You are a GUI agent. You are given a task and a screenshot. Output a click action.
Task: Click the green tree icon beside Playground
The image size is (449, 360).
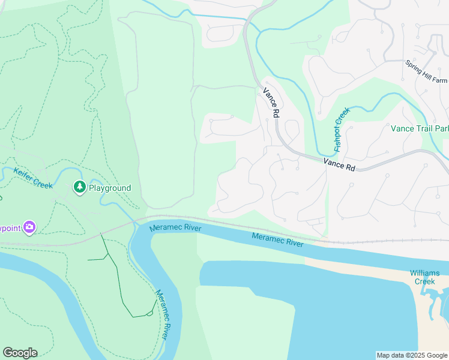(x=79, y=188)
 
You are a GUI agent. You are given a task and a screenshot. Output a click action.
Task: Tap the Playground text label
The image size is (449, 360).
(x=110, y=188)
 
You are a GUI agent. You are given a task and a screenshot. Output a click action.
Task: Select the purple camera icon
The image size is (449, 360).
(x=29, y=227)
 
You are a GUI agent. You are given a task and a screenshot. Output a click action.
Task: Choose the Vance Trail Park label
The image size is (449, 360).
(x=420, y=128)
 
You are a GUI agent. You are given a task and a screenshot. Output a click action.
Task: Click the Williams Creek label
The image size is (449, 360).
(x=426, y=277)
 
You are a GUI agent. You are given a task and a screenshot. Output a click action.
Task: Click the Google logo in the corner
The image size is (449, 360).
(x=20, y=353)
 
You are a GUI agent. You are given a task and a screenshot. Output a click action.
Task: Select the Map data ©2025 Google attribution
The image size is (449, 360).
(x=411, y=355)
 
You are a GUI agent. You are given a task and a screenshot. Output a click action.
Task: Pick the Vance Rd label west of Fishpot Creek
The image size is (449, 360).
(x=271, y=103)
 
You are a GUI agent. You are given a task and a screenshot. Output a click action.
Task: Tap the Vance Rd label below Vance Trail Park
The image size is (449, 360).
(x=339, y=164)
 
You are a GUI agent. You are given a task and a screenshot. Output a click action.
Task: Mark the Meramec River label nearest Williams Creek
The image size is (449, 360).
(x=277, y=239)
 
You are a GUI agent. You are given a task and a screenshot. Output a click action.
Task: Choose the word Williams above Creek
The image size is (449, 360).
(x=426, y=272)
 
